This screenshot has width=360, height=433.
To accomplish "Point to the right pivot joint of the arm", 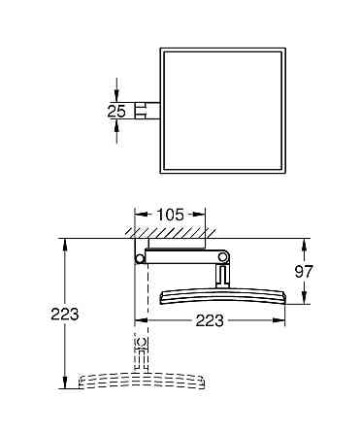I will [x=225, y=257].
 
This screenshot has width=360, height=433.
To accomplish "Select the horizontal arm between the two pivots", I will [x=182, y=258].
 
